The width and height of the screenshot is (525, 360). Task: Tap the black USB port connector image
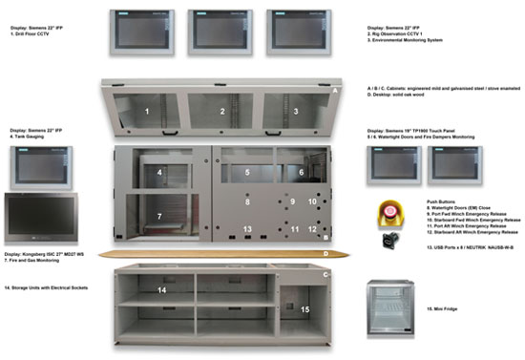[389, 238]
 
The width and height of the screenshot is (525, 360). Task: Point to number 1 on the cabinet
[147, 113]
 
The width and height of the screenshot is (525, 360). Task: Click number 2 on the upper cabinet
[222, 113]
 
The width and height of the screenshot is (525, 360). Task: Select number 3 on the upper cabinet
[296, 113]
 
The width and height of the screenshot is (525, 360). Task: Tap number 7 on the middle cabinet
[159, 218]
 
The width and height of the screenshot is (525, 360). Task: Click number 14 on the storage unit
[162, 289]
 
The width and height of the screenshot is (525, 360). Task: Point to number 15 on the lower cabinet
[304, 309]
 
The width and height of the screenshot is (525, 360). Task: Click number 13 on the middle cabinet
[246, 230]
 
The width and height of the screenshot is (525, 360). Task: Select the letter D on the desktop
[326, 255]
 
